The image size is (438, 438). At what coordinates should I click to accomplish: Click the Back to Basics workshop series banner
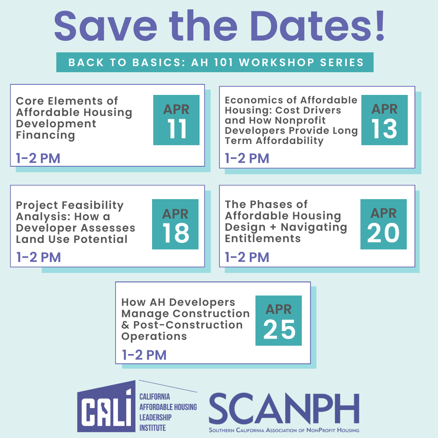pos(215,62)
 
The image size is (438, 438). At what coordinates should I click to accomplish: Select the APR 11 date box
pos(176,120)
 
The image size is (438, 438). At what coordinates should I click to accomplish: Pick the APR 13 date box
pos(384,120)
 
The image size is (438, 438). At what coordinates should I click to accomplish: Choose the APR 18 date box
pos(175,224)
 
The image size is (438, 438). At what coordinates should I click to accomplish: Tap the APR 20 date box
pos(384,224)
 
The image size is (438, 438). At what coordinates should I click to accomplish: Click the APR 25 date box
pos(279,320)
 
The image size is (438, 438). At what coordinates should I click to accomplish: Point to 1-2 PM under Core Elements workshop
pos(38,158)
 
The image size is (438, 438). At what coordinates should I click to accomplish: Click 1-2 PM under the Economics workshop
pos(247,158)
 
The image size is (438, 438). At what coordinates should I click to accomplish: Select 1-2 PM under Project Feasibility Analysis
pos(39,257)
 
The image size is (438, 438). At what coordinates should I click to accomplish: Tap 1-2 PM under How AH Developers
pos(144,355)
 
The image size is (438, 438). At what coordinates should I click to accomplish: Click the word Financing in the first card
pos(45,135)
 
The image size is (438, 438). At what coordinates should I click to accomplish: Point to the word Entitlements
pos(263,238)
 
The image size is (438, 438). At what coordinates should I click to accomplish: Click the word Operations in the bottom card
pos(154,336)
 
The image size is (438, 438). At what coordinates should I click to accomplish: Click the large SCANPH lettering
pos(284,408)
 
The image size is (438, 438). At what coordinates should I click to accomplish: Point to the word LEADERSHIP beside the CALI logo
pos(155,417)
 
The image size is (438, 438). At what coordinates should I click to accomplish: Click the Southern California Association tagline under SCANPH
pos(284,430)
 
